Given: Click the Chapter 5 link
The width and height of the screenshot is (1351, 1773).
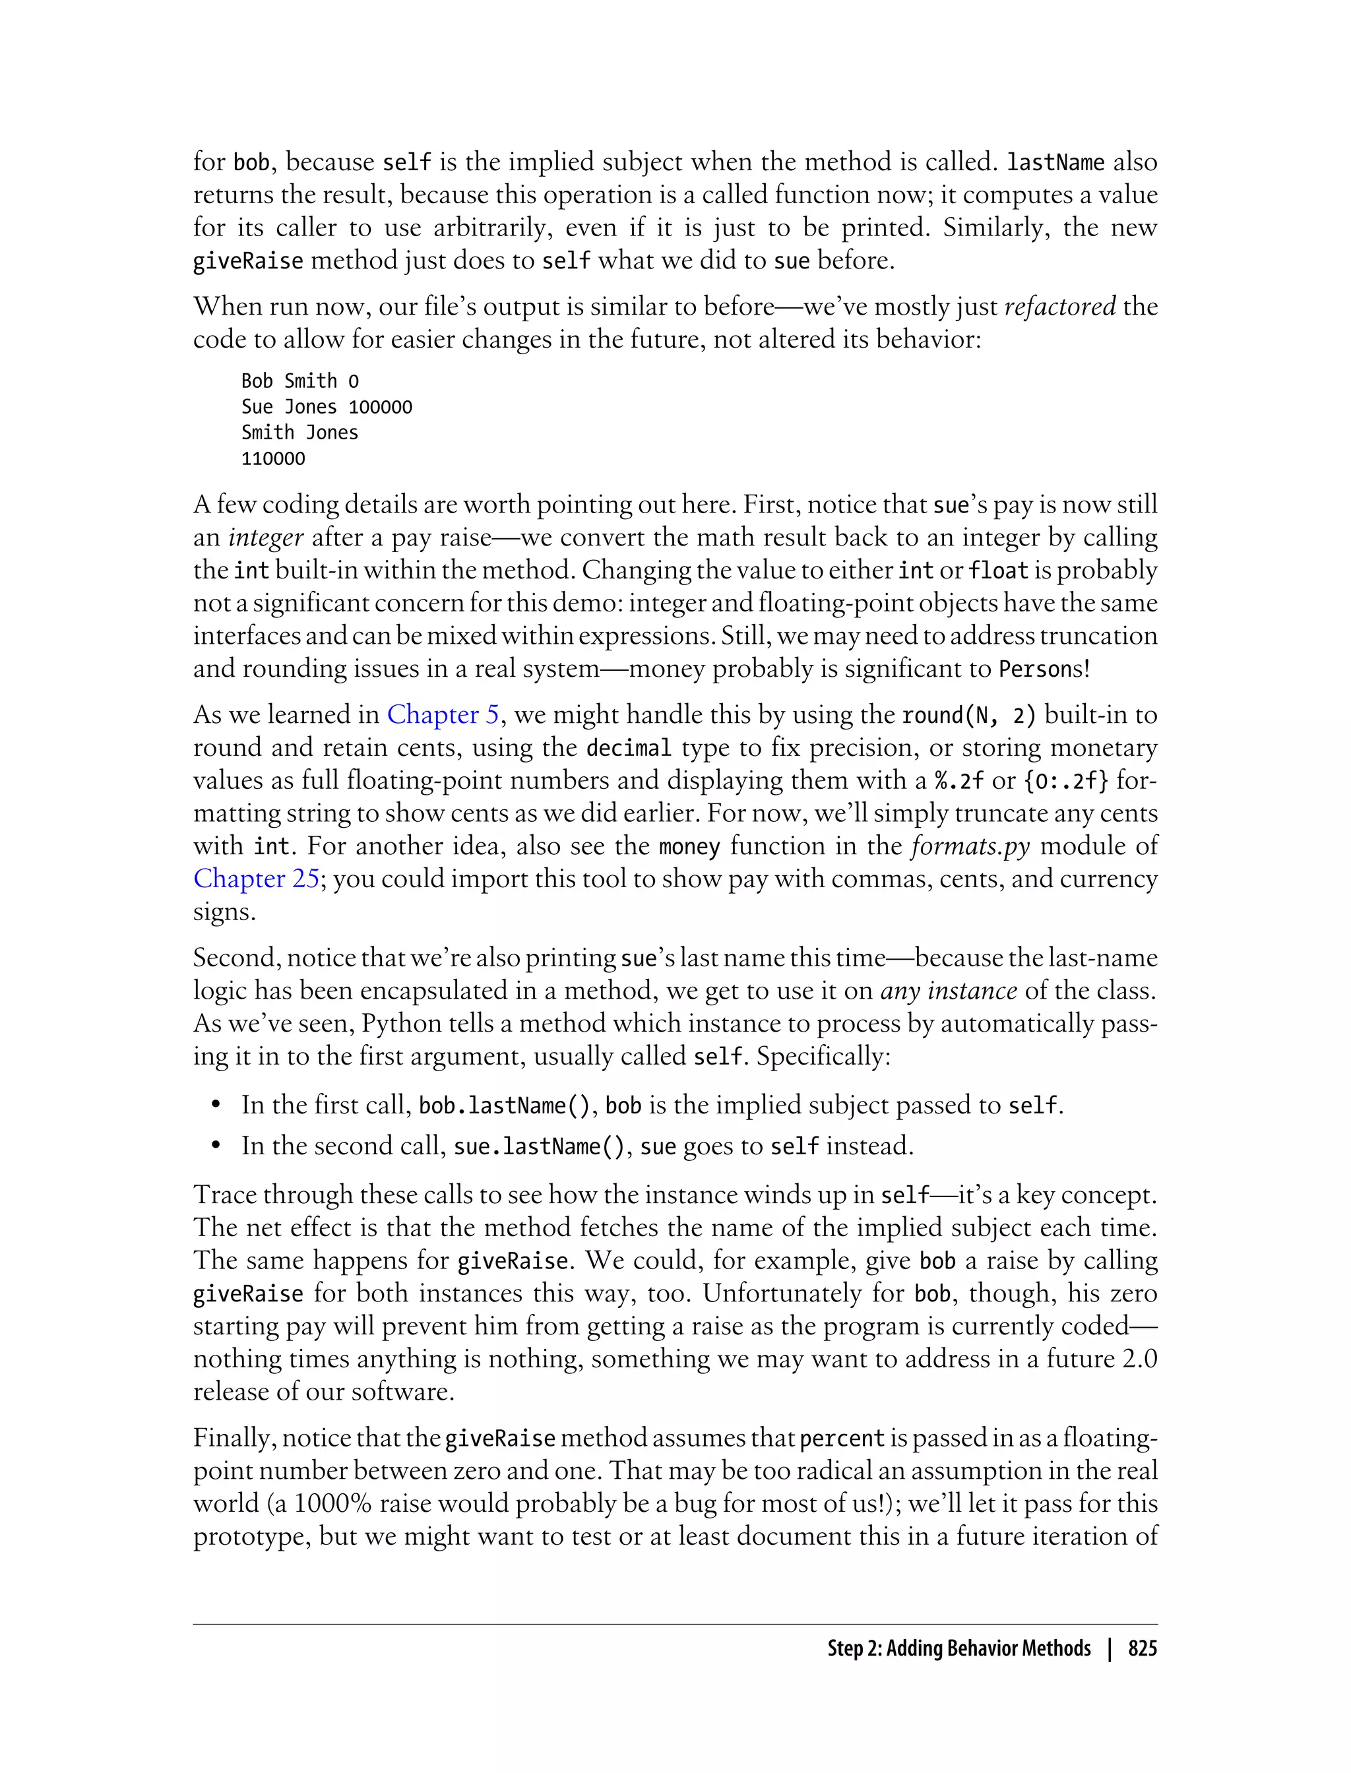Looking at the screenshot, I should click(x=443, y=715).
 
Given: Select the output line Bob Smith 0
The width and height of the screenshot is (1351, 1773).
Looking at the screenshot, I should click(x=300, y=381).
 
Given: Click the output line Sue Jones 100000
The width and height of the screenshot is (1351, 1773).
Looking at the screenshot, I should click(x=327, y=407).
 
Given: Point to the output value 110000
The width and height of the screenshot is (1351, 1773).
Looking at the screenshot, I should click(x=273, y=459).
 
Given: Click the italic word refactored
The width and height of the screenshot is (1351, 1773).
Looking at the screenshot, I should click(x=1060, y=306).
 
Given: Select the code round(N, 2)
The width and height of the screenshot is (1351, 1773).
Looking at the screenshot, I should click(x=969, y=715).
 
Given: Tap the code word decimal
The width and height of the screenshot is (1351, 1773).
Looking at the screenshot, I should click(x=628, y=748).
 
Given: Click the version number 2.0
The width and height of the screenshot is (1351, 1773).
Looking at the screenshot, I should click(x=1137, y=1359).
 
